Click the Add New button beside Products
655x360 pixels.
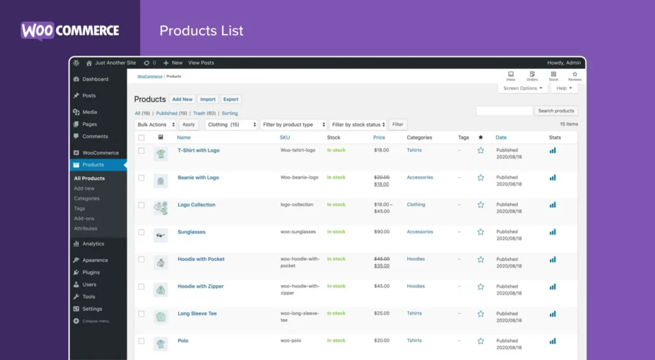(182, 99)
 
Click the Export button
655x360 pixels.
(231, 99)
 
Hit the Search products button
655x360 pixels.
(556, 111)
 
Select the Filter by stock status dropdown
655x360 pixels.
(358, 125)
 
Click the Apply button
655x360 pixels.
(188, 125)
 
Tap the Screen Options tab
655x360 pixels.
(523, 88)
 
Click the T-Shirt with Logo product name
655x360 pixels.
(198, 150)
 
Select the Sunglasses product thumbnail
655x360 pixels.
(161, 235)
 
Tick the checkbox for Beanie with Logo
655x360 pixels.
(141, 178)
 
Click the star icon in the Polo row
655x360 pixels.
(480, 341)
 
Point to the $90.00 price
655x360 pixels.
(381, 232)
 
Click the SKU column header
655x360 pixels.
(285, 137)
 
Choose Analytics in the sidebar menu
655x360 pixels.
(93, 244)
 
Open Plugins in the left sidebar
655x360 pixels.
(91, 272)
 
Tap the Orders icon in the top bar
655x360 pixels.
(532, 76)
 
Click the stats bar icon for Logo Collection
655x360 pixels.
(553, 205)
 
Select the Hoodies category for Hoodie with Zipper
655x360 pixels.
(416, 286)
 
